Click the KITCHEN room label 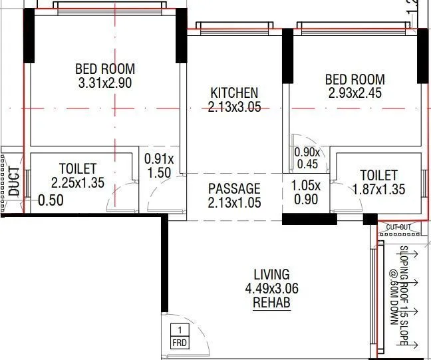(234, 92)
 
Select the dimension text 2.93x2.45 (355, 93)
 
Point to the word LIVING (271, 274)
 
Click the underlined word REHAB (271, 303)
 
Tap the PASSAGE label (234, 189)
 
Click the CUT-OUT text (399, 228)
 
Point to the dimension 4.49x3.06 (271, 289)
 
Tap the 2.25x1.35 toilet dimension (78, 183)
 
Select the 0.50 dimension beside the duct (51, 200)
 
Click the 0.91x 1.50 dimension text (160, 166)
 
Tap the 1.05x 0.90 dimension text (306, 192)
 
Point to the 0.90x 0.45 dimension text (307, 158)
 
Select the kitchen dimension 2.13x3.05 (234, 106)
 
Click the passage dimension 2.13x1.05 (234, 203)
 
